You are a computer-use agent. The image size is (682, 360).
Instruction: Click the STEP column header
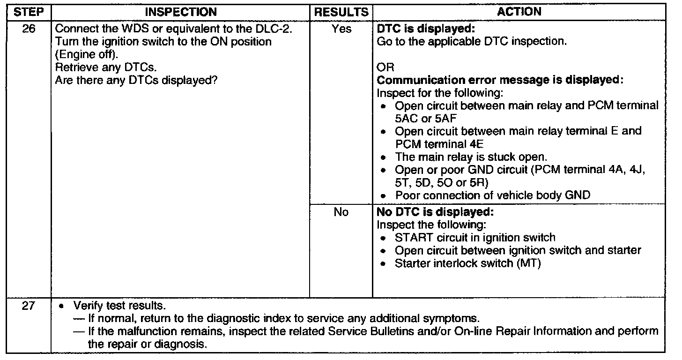[x=27, y=12]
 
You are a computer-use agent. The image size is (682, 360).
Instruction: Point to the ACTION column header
[x=519, y=12]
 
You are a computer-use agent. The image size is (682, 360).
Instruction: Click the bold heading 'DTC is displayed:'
[x=417, y=29]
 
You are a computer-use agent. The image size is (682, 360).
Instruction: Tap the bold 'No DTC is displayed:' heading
[x=435, y=212]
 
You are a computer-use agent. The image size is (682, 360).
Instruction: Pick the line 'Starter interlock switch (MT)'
[x=468, y=263]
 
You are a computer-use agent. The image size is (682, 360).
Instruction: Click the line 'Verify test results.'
[x=119, y=307]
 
